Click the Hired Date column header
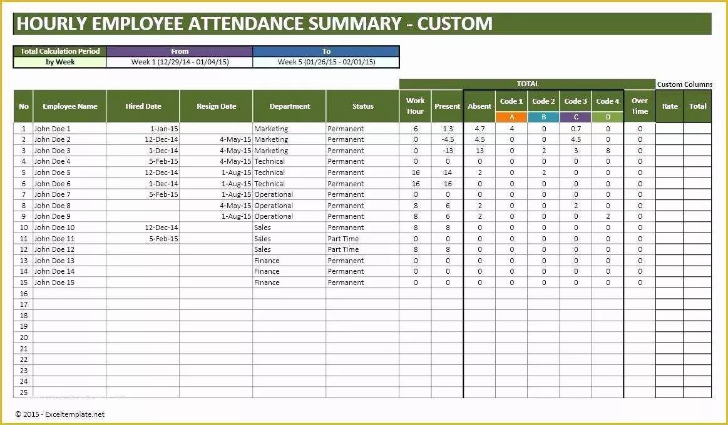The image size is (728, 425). pos(143,106)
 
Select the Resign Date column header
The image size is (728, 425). pos(216,106)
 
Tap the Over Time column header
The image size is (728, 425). pos(639,106)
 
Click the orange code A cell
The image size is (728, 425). pos(511,117)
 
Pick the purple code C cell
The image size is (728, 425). pos(575,117)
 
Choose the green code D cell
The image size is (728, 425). pos(607,117)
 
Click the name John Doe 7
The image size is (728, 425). pos(52,194)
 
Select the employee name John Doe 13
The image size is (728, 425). pos(54,261)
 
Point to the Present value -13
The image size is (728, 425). pos(447,151)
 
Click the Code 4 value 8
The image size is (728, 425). pos(608,151)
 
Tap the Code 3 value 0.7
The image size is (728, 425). pos(576,129)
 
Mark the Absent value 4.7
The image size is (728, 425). pos(479,129)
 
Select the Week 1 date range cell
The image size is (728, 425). pos(180,62)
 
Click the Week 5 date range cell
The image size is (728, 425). pos(326,62)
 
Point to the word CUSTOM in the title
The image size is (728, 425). pos(455,24)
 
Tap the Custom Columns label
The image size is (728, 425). pos(684,84)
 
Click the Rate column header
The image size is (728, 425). pos(670,106)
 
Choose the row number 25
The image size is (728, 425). pos(24,392)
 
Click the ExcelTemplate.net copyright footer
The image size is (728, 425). pos(60,414)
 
